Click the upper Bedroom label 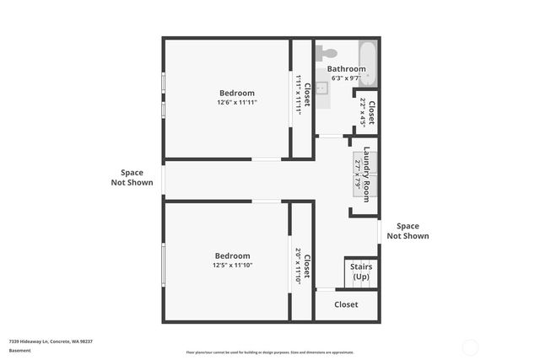pos(236,93)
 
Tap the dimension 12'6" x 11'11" pos(236,102)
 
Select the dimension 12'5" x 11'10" pos(232,265)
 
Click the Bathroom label pos(346,69)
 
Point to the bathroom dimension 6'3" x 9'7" pos(346,78)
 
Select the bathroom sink pos(322,86)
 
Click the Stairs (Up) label pos(361,271)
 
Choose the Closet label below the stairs pos(346,304)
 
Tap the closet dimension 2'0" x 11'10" pos(299,265)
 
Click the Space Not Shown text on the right pos(408,231)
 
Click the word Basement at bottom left pos(19,351)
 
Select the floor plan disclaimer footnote pos(269,352)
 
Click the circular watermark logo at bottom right pos(471,347)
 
